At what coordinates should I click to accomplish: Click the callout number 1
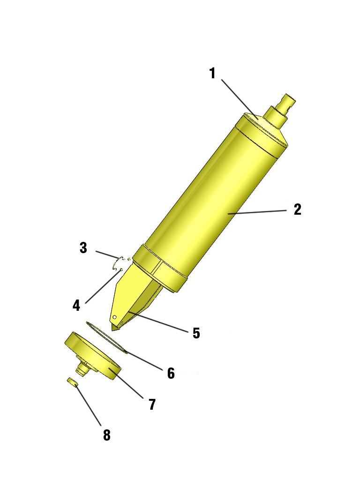coord(212,74)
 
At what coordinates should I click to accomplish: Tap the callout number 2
coord(297,210)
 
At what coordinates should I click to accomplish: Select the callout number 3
coord(83,248)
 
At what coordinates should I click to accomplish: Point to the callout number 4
coord(76,306)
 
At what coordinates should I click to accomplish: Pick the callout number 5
coord(196,333)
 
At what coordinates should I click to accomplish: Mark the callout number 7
coord(152,404)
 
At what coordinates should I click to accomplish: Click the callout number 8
coord(107,435)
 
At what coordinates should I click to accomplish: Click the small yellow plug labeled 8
coord(72,382)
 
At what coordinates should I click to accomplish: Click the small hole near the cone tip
coord(114,318)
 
